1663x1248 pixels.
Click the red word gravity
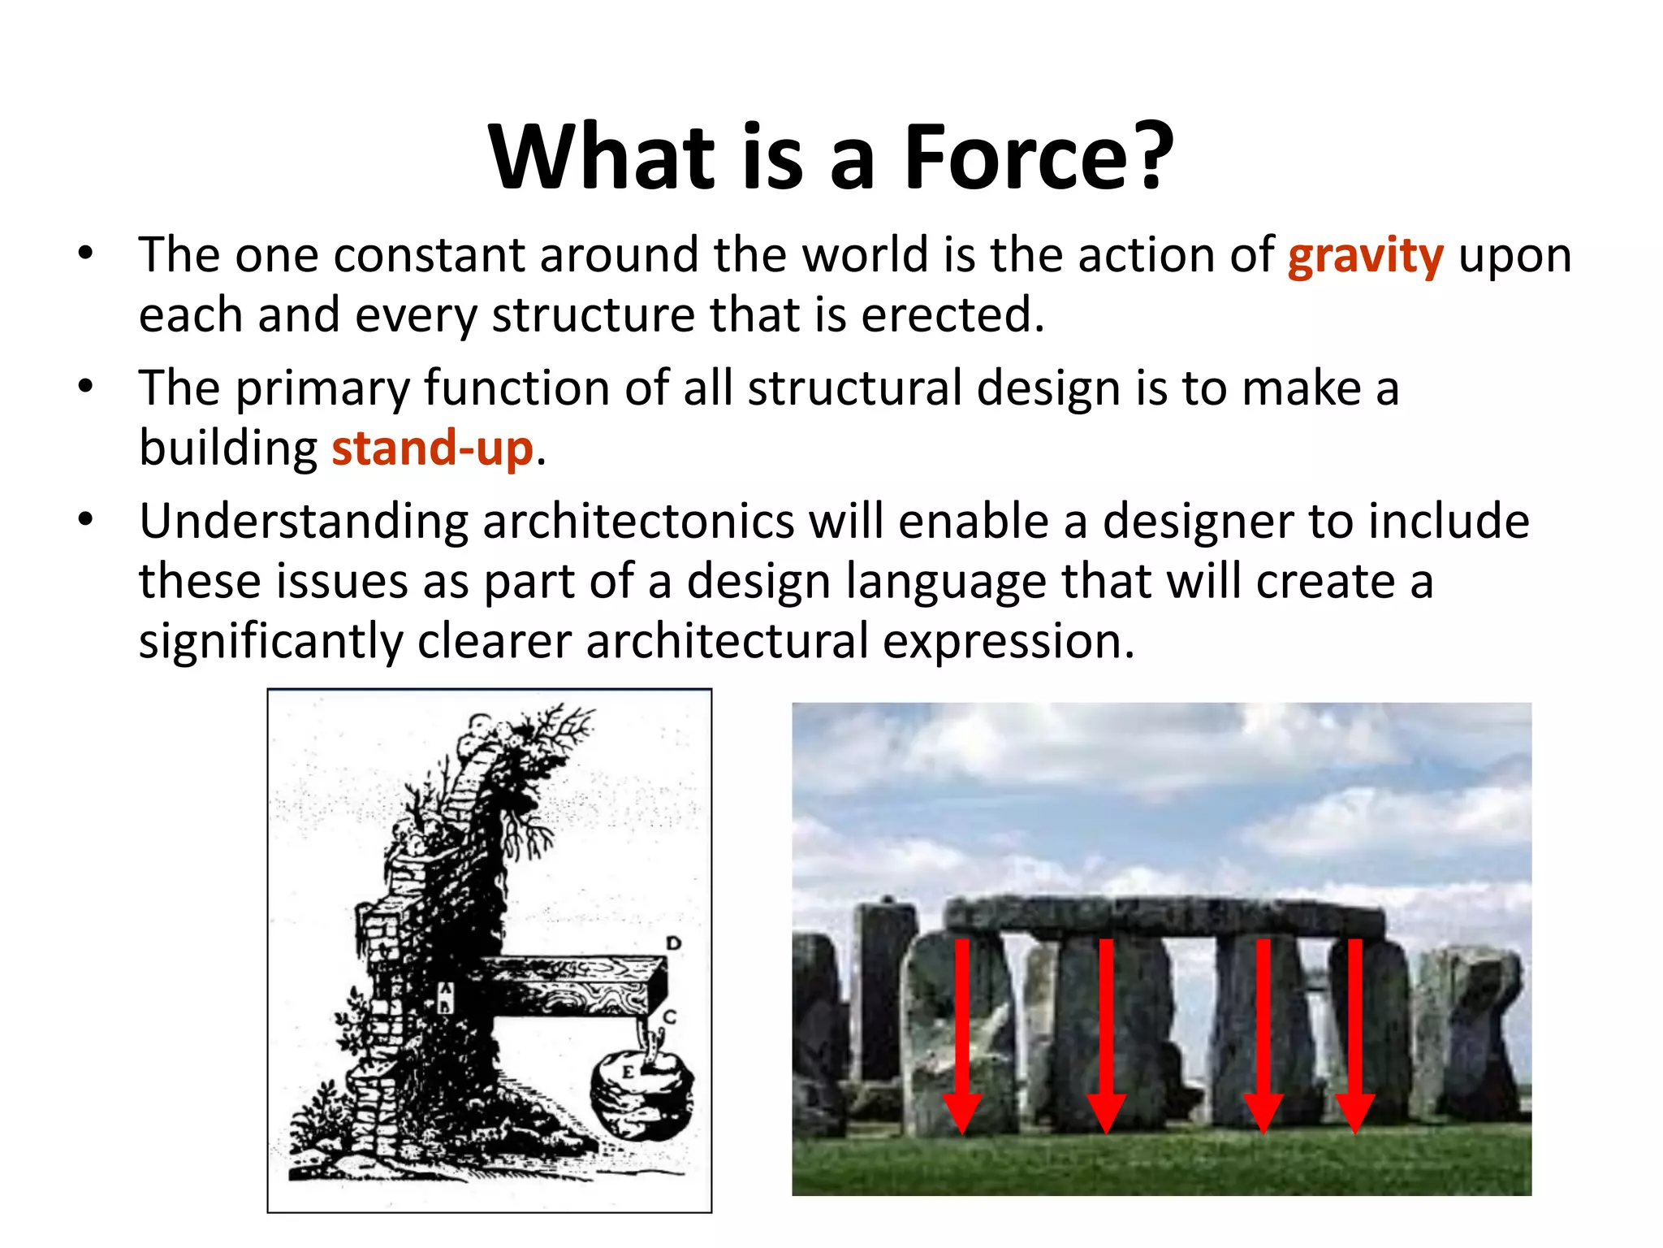coord(1365,257)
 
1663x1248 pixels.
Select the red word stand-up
coord(432,448)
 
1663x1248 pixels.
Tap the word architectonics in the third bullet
coord(638,522)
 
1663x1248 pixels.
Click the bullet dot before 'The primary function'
coord(86,386)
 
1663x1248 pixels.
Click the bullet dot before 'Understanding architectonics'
coord(86,519)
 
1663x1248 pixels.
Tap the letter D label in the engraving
coord(673,943)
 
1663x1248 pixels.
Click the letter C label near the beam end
coord(669,1016)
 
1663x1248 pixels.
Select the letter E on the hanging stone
coord(628,1072)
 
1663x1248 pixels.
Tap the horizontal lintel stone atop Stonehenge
coord(1165,916)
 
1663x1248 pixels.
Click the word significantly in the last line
coord(270,642)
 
